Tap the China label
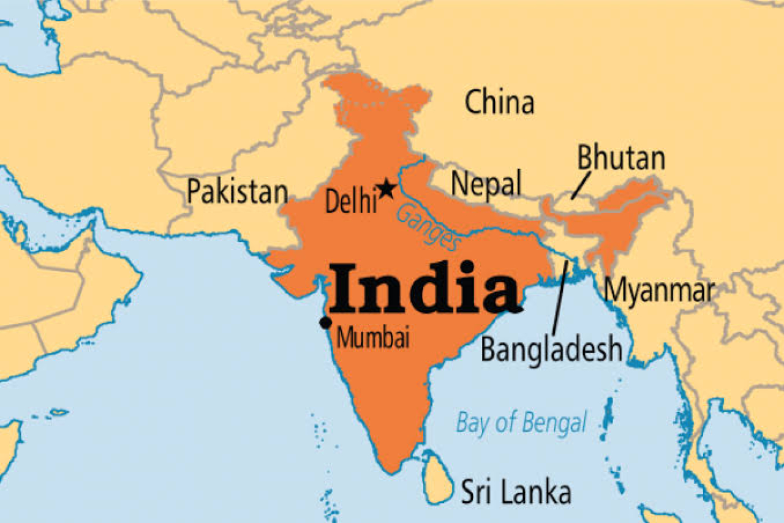click(x=499, y=102)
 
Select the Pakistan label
click(x=237, y=192)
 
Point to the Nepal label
click(x=486, y=183)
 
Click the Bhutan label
click(x=620, y=159)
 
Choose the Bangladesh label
click(x=551, y=350)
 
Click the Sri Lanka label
click(x=516, y=492)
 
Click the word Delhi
click(x=350, y=201)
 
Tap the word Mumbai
click(x=373, y=337)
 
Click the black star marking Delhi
click(x=386, y=189)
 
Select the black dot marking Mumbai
click(x=326, y=322)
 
